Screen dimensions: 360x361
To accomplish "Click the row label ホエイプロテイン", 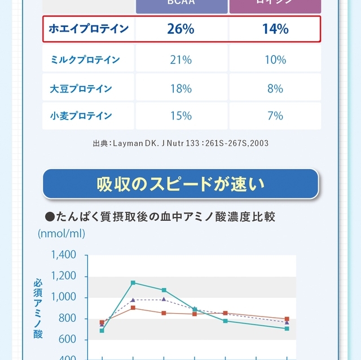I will coord(89,29).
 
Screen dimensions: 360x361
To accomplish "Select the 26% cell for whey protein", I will coord(180,29).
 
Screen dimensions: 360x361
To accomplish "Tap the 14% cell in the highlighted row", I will coord(275,29).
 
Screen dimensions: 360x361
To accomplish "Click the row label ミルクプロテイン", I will coord(85,60).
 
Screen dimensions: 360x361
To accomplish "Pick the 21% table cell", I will coord(180,60).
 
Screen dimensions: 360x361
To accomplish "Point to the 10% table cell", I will coord(275,60).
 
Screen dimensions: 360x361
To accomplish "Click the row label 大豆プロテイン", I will coord(81,88).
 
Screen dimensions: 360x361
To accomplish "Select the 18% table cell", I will coord(180,88).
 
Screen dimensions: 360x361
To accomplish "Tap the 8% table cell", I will coord(275,88).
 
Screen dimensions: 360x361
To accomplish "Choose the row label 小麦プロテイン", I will coord(81,116).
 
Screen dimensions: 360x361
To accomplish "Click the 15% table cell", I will coord(180,116).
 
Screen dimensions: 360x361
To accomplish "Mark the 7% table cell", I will coord(275,116).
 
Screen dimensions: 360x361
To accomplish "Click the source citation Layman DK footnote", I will coord(180,144).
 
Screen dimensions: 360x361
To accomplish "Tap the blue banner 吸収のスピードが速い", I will coord(180,184).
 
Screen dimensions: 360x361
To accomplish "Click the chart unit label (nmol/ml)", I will coord(61,233).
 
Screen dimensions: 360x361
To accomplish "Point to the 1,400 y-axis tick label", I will coord(63,255).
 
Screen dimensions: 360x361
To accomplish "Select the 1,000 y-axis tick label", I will coord(63,297).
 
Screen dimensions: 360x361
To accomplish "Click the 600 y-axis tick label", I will coord(67,340).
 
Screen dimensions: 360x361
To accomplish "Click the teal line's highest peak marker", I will coord(133,282).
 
